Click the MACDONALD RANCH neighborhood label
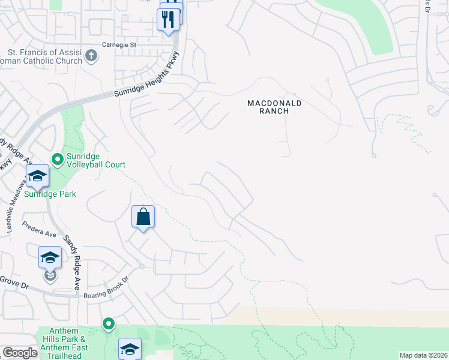(274, 107)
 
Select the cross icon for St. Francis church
(91, 56)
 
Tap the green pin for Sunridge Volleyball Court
(58, 159)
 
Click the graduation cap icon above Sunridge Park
(37, 176)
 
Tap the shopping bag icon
(143, 217)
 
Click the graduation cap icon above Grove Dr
(50, 257)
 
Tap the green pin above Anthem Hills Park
(109, 325)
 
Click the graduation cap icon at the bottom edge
(130, 349)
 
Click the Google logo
(20, 353)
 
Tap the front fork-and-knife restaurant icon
(168, 19)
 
